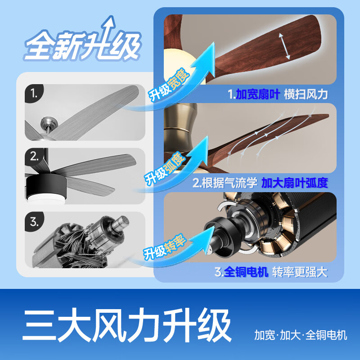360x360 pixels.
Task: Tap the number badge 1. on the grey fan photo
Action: click(34, 94)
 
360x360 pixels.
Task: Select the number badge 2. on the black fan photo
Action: click(35, 157)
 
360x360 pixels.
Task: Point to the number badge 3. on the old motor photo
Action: click(35, 222)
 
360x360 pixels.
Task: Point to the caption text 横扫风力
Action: click(306, 94)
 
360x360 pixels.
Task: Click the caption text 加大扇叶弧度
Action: click(295, 183)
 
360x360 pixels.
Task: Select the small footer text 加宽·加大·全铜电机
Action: click(301, 335)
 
